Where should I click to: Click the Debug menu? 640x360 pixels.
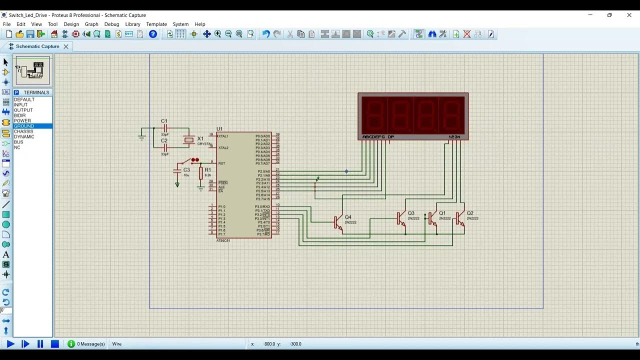pos(111,24)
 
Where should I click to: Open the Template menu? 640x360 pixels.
pos(156,24)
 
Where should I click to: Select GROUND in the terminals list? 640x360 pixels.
pos(24,126)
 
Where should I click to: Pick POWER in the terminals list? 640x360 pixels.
pos(22,120)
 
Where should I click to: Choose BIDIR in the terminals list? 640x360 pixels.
pos(20,115)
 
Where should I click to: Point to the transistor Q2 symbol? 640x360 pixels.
pos(460,218)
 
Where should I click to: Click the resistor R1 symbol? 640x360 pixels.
pos(201,173)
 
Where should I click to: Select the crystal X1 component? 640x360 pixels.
pos(188,140)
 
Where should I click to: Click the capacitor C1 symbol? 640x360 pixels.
pos(164,128)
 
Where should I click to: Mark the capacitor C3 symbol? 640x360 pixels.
pos(177,171)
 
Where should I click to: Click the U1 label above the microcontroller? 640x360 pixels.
pos(219,129)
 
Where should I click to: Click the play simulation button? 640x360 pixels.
pos(10,344)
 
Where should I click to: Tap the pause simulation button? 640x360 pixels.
pos(40,344)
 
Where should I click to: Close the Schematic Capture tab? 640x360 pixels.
pos(65,46)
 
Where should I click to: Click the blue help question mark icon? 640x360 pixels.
pos(153,34)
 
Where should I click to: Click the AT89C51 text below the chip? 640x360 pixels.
pos(223,240)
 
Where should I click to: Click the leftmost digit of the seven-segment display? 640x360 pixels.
pos(374,113)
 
